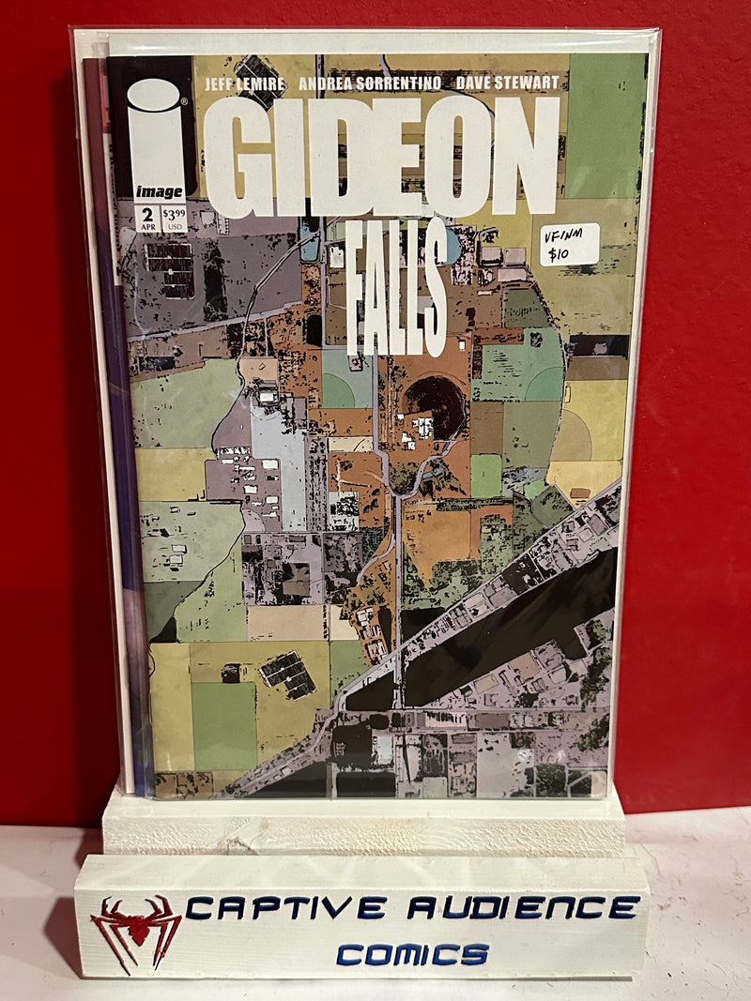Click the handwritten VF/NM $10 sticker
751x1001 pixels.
pyautogui.click(x=569, y=245)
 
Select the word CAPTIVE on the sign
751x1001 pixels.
pyautogui.click(x=285, y=907)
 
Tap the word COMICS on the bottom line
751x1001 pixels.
pyautogui.click(x=412, y=954)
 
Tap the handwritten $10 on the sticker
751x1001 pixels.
pyautogui.click(x=559, y=254)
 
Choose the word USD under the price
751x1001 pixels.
pyautogui.click(x=174, y=226)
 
